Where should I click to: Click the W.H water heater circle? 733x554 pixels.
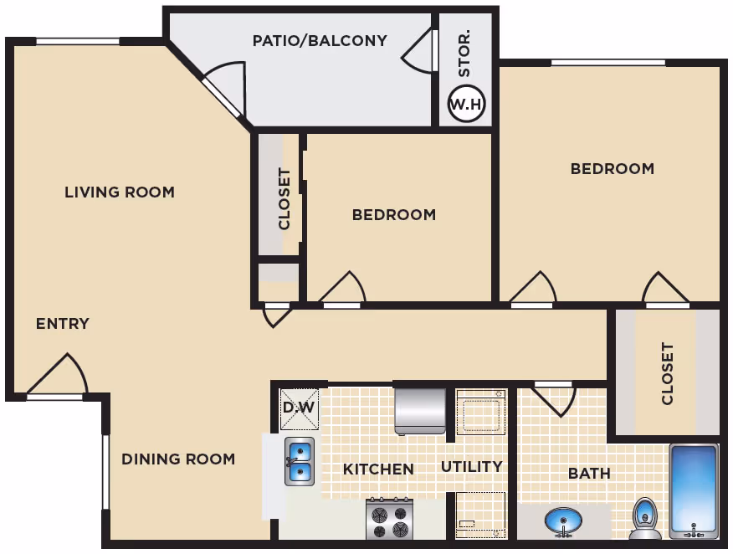466,103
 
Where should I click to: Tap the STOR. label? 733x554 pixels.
464,54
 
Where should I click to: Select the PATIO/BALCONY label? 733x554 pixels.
320,41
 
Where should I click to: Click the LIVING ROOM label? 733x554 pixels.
120,192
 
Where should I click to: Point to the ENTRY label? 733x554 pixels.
63,324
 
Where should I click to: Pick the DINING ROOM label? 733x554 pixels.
178,459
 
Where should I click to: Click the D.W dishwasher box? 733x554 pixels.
300,409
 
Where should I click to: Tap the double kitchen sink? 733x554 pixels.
300,461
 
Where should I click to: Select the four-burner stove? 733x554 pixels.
389,519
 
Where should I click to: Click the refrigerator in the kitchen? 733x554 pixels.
420,412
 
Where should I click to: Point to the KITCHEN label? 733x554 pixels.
378,469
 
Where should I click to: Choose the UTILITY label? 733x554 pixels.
472,467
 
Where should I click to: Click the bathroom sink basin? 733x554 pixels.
563,521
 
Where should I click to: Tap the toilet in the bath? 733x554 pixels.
645,519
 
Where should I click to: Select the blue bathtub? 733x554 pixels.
694,491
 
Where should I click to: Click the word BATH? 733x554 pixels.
589,474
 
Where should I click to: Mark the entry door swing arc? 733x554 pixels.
80,369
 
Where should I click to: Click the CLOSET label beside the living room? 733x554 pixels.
284,199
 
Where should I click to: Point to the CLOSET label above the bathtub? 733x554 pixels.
668,373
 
